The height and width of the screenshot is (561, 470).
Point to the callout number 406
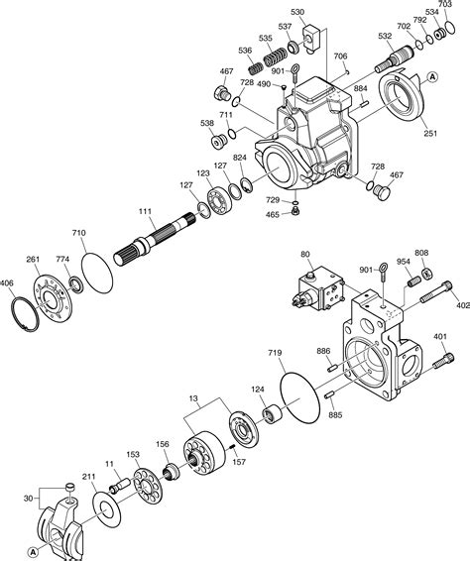click(8, 284)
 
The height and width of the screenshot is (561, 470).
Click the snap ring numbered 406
click(26, 317)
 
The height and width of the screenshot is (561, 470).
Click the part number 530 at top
click(297, 12)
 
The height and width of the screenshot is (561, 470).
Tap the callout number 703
click(457, 6)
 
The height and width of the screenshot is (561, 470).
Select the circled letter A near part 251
click(432, 75)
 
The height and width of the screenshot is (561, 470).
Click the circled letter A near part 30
click(34, 551)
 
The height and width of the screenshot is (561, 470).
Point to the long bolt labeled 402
click(437, 293)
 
